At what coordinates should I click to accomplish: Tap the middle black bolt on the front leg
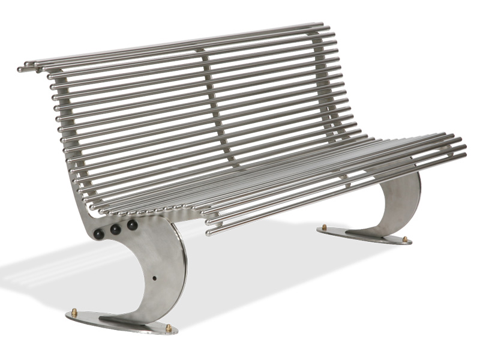click(x=115, y=229)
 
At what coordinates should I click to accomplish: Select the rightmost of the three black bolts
click(x=132, y=225)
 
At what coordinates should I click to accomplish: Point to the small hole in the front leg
click(x=155, y=278)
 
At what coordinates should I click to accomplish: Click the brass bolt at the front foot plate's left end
click(x=75, y=312)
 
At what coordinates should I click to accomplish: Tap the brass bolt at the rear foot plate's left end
click(x=325, y=227)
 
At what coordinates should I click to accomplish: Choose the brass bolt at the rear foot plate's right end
click(x=404, y=239)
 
